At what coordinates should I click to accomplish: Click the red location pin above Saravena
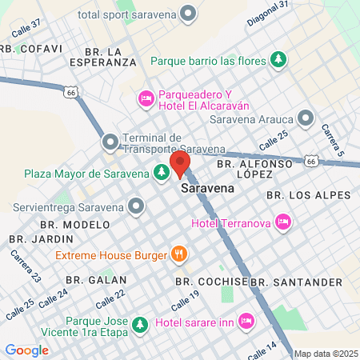pyautogui.click(x=181, y=163)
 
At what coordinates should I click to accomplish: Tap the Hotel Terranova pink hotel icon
pyautogui.click(x=282, y=221)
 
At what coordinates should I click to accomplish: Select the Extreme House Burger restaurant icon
pyautogui.click(x=179, y=255)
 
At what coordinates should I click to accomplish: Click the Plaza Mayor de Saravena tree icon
pyautogui.click(x=162, y=173)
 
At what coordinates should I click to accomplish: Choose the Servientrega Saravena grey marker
pyautogui.click(x=137, y=207)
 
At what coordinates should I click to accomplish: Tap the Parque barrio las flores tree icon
pyautogui.click(x=278, y=58)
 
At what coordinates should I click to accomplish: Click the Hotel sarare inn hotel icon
pyautogui.click(x=246, y=321)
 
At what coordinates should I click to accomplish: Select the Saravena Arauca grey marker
pyautogui.click(x=305, y=119)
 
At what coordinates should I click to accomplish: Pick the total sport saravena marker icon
pyautogui.click(x=189, y=13)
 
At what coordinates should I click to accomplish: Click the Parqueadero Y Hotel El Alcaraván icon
pyautogui.click(x=146, y=98)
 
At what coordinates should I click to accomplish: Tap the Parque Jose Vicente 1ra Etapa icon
pyautogui.click(x=140, y=325)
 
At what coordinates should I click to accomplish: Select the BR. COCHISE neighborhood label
pyautogui.click(x=210, y=282)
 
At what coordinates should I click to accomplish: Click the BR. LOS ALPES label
pyautogui.click(x=308, y=195)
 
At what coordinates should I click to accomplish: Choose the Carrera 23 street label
pyautogui.click(x=26, y=266)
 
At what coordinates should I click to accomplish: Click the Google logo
pyautogui.click(x=26, y=350)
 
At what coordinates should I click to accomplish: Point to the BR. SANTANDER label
pyautogui.click(x=296, y=282)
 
